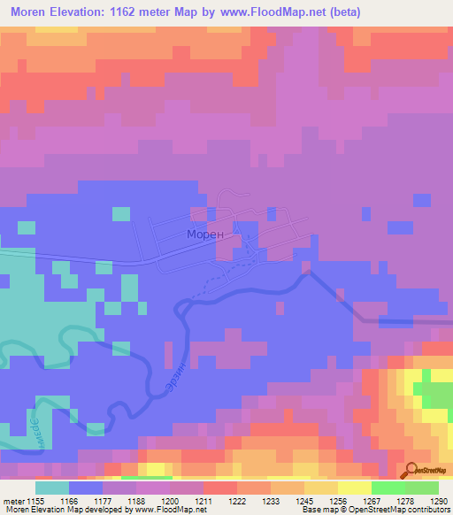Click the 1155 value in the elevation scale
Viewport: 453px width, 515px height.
35,501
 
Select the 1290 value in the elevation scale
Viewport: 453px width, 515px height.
439,501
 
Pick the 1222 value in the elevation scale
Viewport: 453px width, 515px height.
237,501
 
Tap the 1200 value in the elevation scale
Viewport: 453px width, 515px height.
170,501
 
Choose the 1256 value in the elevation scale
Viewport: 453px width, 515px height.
338,501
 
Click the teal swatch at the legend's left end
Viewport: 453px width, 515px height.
52,488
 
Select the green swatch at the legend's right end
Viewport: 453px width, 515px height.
421,488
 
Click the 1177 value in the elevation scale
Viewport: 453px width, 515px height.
103,501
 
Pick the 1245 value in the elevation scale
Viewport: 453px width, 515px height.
304,501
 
